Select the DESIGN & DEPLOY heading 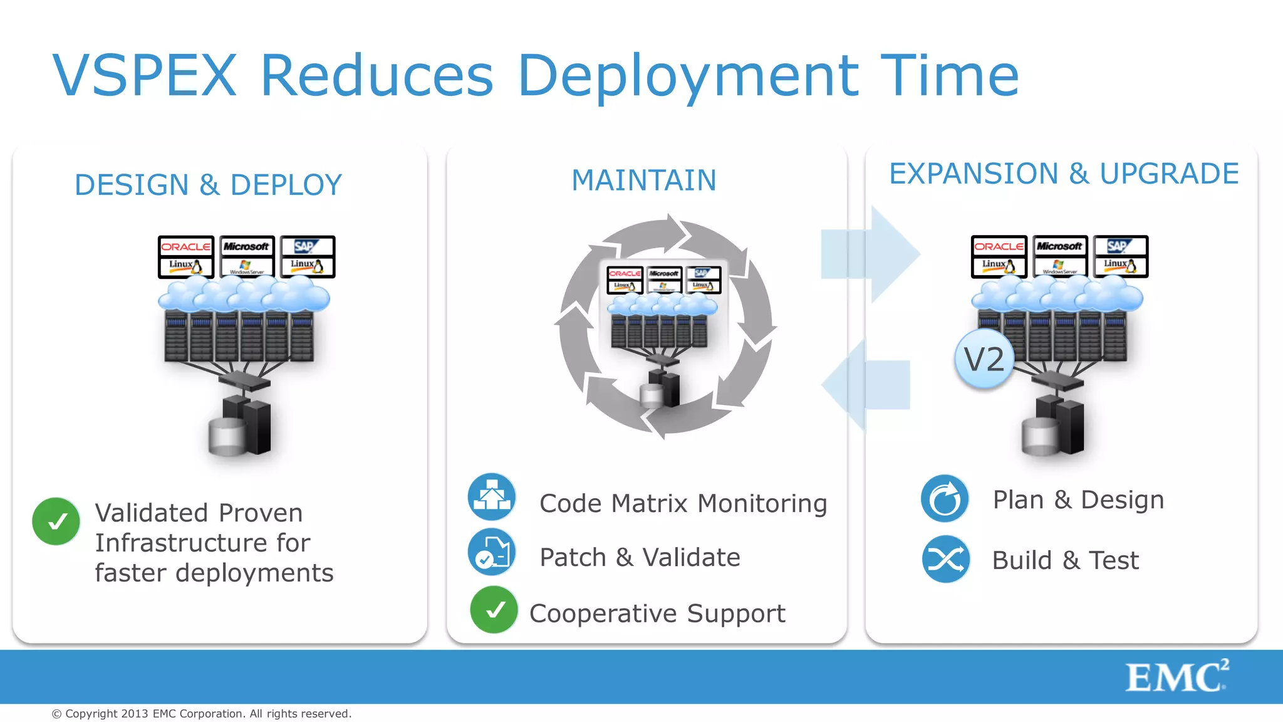208,185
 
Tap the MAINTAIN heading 643,180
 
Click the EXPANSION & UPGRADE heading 1063,174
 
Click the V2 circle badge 984,359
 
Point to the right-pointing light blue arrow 877,254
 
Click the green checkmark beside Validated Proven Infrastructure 56,521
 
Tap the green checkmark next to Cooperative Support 494,610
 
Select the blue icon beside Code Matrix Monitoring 492,497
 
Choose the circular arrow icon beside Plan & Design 945,499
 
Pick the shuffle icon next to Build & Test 945,559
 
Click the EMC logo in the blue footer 1176,677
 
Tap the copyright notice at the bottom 201,714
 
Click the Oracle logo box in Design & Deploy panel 186,256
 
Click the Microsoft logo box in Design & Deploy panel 247,256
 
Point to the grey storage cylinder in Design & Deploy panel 227,437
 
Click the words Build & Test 1065,560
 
